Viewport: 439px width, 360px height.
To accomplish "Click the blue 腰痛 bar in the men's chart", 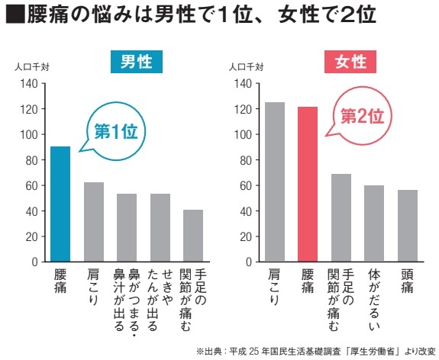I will (x=61, y=204).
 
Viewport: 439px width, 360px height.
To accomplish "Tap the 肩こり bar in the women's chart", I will (x=275, y=182).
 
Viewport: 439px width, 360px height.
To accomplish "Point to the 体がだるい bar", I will (x=374, y=223).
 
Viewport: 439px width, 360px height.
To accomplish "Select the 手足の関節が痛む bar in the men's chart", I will (x=193, y=236).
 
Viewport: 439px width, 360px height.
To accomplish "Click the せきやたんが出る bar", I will (x=160, y=227).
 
